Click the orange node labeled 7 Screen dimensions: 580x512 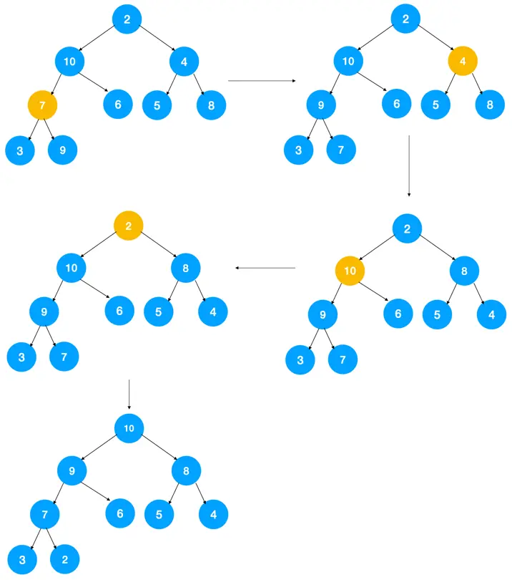(x=42, y=106)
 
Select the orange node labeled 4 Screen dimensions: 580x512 (x=463, y=61)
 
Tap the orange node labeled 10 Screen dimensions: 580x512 (x=350, y=271)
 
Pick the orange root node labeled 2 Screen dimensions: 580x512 (x=129, y=226)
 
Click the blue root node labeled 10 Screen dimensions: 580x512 (x=129, y=428)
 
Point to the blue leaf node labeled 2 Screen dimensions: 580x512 (x=64, y=559)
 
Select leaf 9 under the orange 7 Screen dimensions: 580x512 (x=62, y=150)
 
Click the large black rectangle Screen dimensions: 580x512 (x=373, y=481)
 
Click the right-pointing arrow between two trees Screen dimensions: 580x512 (x=261, y=81)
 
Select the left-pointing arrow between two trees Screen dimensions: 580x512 (x=265, y=269)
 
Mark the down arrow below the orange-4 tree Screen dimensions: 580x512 (x=408, y=165)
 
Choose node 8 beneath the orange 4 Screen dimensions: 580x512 (x=490, y=105)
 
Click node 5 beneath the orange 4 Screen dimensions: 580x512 (x=435, y=105)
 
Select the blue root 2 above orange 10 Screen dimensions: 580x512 (x=407, y=229)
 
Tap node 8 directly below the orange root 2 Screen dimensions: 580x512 (x=186, y=269)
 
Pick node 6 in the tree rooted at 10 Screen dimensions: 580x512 (x=119, y=513)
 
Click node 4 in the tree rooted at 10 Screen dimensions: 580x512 (x=213, y=513)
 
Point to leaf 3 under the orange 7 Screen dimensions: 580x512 (x=20, y=150)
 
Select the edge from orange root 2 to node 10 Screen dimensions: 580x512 (x=101, y=246)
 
